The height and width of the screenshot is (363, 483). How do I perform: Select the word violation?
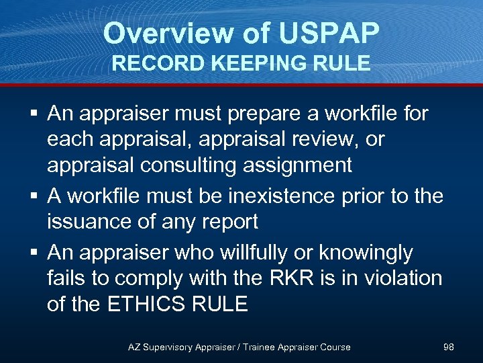394,278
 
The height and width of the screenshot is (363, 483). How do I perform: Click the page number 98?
449,347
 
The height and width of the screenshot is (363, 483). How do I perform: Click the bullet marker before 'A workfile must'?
33,196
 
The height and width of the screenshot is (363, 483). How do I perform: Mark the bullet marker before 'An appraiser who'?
33,253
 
